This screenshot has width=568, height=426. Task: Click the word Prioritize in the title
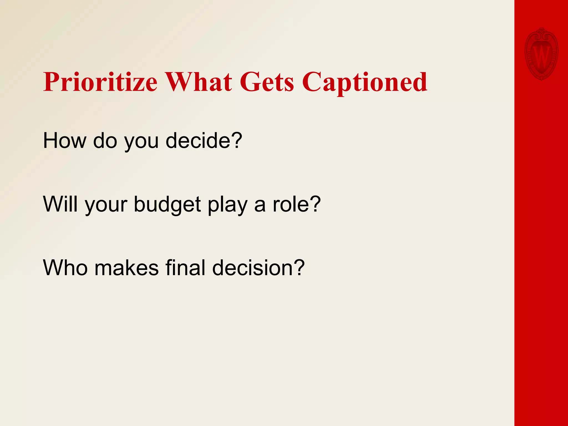point(100,82)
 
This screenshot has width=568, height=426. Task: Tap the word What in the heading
point(199,82)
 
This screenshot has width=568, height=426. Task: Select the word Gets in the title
point(267,82)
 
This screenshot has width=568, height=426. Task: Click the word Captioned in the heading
point(365,82)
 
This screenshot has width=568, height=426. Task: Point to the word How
point(65,141)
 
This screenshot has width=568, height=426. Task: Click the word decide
point(198,141)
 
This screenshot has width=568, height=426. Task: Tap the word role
point(290,204)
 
